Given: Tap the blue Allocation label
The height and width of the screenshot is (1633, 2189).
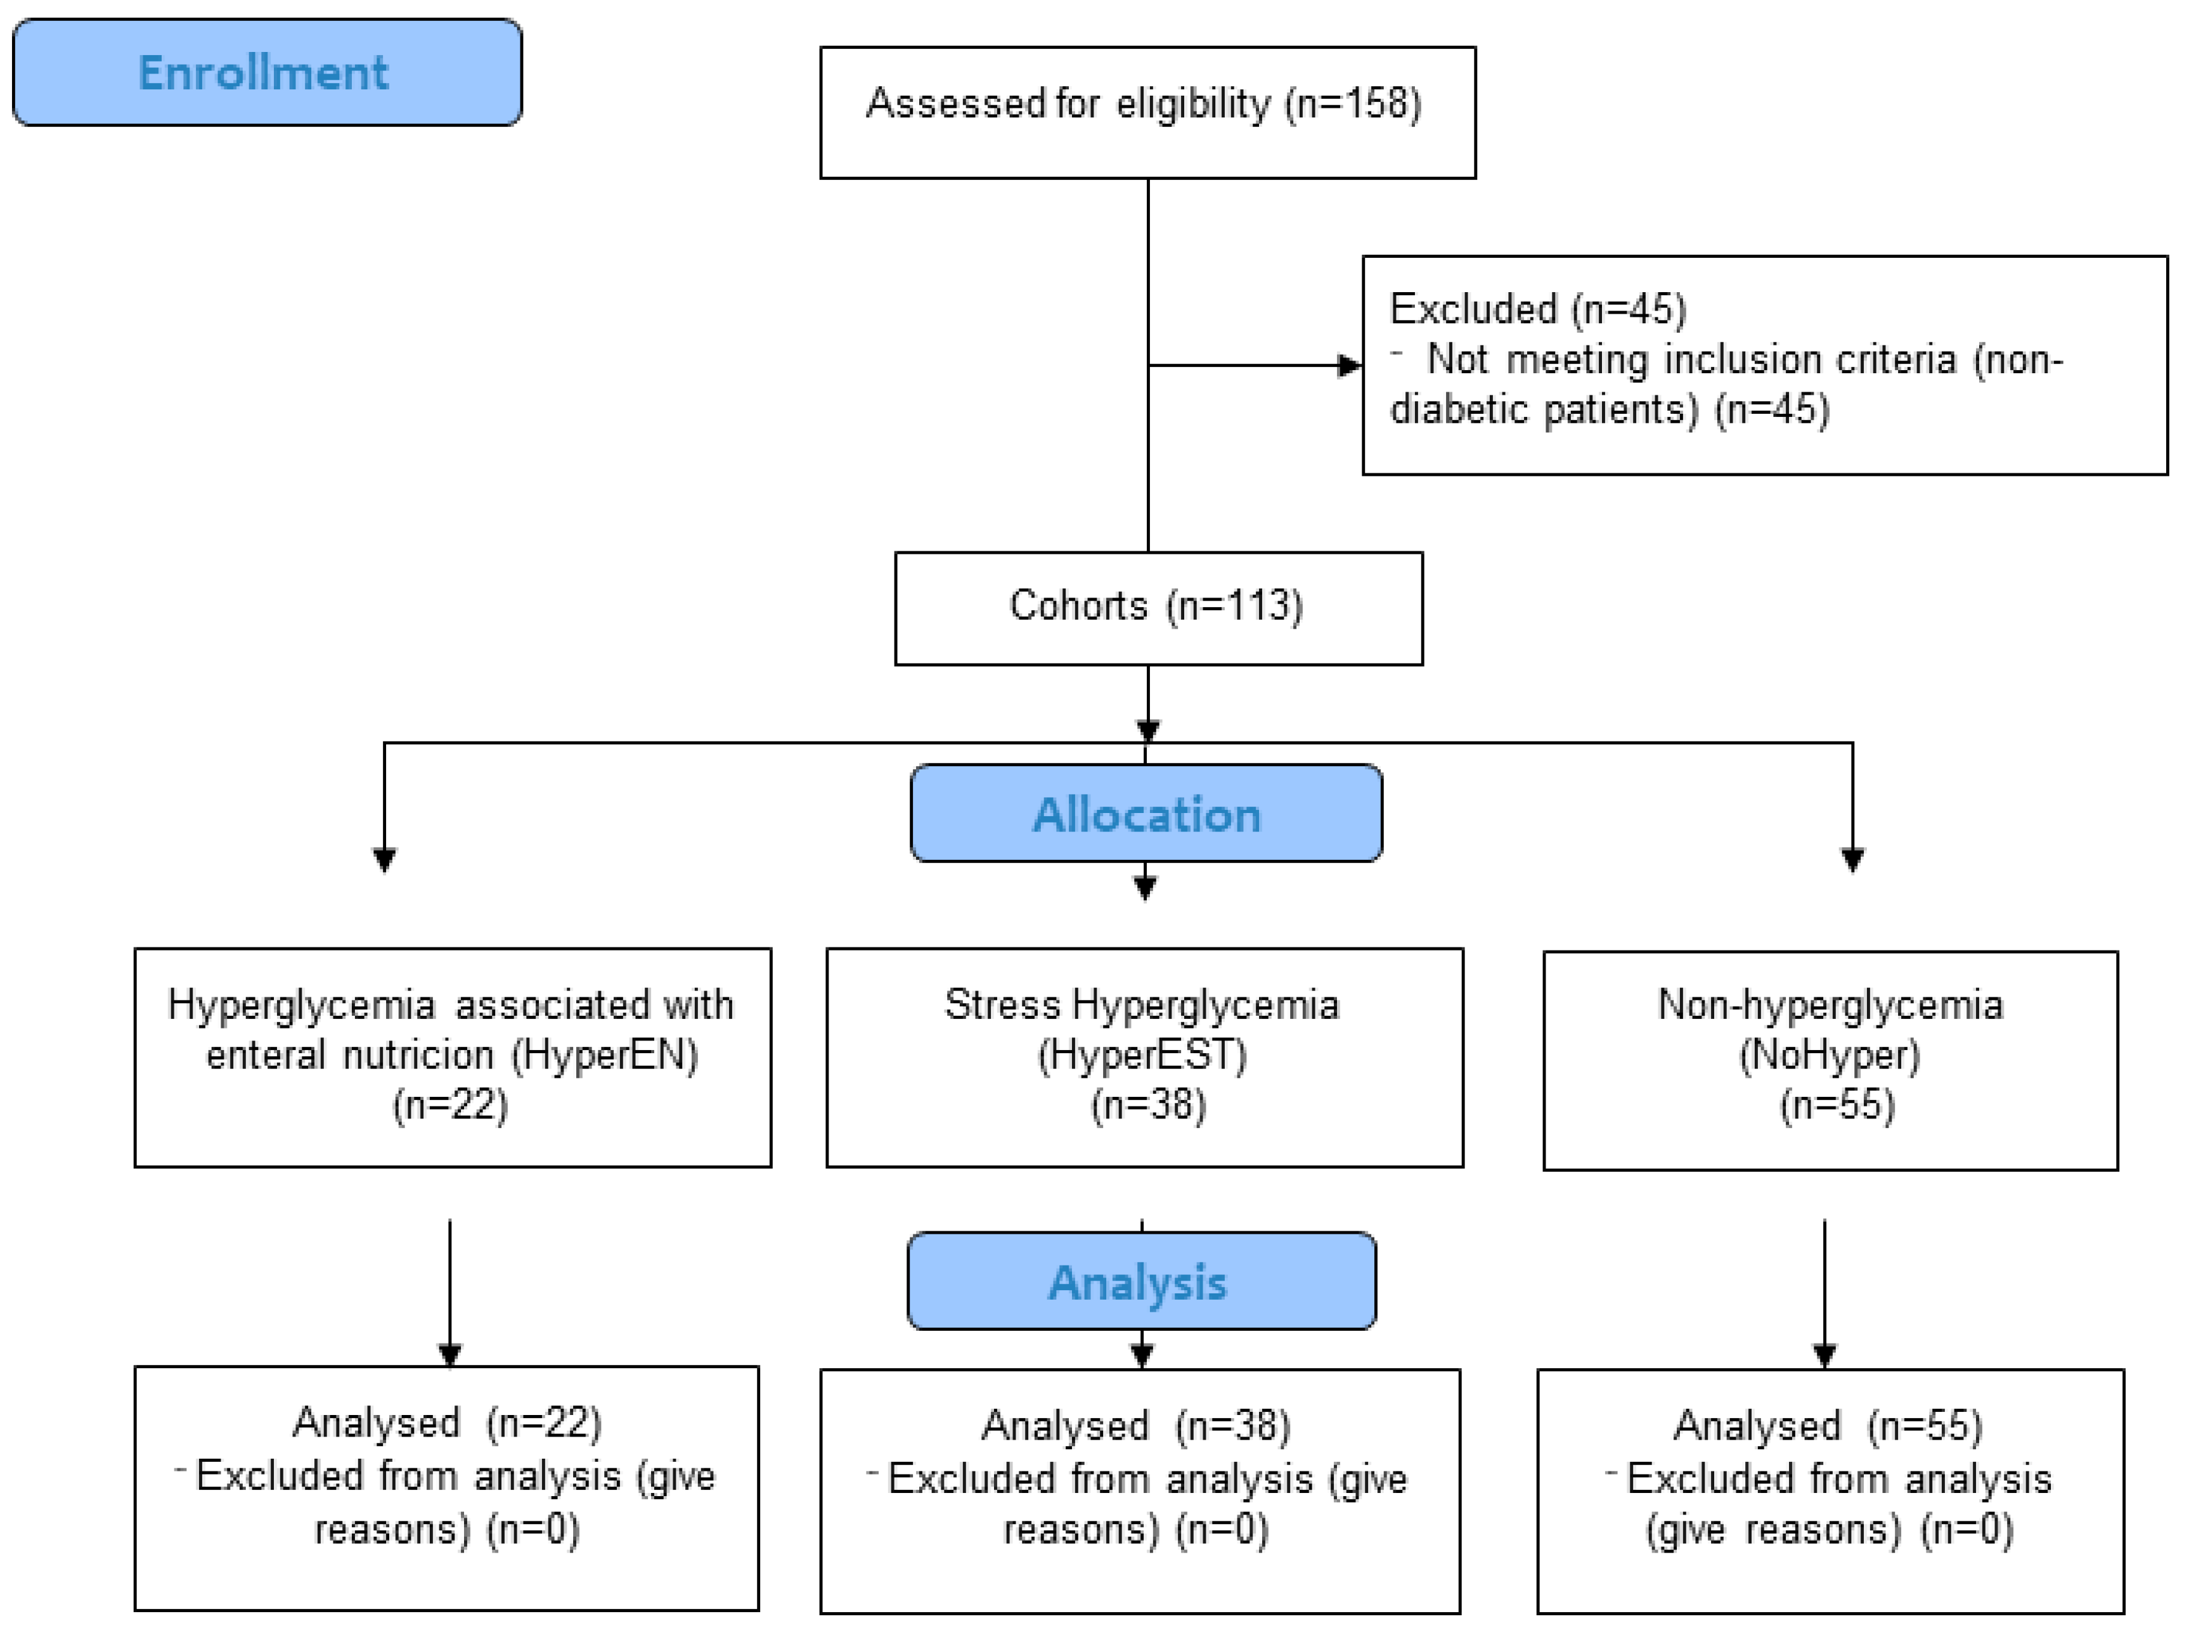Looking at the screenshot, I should pos(1146,814).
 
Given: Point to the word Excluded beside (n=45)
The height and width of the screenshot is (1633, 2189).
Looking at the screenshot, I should pos(1473,309).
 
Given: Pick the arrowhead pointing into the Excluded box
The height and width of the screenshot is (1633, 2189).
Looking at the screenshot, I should pos(1348,366).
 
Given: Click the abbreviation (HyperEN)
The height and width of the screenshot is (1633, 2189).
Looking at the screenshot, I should pos(604,1054).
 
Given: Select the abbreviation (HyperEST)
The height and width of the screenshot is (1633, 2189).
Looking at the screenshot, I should pos(1142,1054).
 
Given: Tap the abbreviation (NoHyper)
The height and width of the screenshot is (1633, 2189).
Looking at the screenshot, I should pos(1829,1054).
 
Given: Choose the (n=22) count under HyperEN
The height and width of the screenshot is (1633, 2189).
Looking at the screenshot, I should pos(450,1104).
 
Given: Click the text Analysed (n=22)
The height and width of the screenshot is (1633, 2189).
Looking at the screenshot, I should pos(447,1423).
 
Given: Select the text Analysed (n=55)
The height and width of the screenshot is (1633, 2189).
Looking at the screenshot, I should pos(1827,1425).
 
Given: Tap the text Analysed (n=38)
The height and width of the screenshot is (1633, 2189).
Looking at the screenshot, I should pos(1135,1425).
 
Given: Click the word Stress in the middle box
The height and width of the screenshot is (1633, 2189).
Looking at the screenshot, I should pos(1002,1005).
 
